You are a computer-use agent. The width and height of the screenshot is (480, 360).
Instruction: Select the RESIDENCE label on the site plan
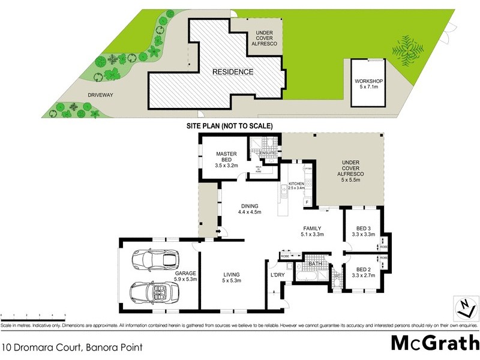pos(233,72)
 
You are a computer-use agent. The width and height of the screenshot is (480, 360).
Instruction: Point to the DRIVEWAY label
pos(83,95)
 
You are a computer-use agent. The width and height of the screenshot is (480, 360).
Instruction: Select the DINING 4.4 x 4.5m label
pos(249,208)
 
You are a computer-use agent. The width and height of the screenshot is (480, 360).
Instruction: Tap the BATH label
pos(315,264)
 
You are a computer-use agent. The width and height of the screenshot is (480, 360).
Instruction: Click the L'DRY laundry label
pos(278,274)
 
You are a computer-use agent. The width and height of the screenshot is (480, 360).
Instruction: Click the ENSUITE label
pos(267,153)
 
